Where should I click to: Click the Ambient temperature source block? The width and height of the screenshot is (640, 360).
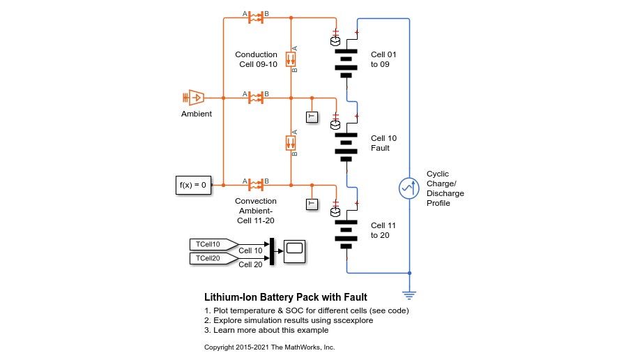tap(196, 98)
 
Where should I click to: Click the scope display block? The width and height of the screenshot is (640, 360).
tap(295, 250)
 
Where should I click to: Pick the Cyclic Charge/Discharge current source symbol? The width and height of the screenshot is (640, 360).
tap(409, 188)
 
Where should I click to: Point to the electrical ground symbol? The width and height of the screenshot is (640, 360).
tap(409, 294)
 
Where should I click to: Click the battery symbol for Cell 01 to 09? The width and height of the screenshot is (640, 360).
tap(346, 62)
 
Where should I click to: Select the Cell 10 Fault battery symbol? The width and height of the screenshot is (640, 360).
tap(346, 143)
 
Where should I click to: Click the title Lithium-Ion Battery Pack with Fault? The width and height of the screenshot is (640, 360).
tap(285, 297)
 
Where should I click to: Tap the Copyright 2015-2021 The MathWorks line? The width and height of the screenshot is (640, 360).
tap(269, 347)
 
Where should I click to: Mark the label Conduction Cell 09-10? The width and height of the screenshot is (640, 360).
tap(256, 60)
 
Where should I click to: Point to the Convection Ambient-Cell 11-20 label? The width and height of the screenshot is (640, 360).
tap(255, 211)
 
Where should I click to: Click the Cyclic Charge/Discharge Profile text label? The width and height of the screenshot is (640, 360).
tap(445, 188)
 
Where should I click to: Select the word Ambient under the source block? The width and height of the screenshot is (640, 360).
tap(197, 114)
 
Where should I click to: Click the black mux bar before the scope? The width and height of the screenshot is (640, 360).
tap(272, 251)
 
